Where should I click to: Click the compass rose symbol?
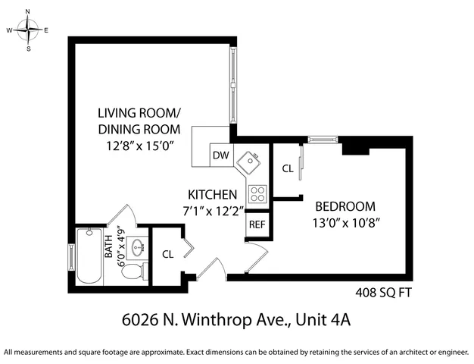tap(29, 30)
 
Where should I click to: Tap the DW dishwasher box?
tap(220, 155)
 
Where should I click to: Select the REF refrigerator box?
tap(257, 224)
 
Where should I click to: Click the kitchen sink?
tap(248, 162)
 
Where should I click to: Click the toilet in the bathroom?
tap(134, 271)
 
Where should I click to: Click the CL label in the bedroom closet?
tap(287, 169)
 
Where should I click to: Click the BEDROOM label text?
tap(345, 206)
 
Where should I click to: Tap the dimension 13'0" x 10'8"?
tap(345, 223)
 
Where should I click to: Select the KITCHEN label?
tap(213, 194)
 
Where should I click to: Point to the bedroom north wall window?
tap(323, 140)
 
